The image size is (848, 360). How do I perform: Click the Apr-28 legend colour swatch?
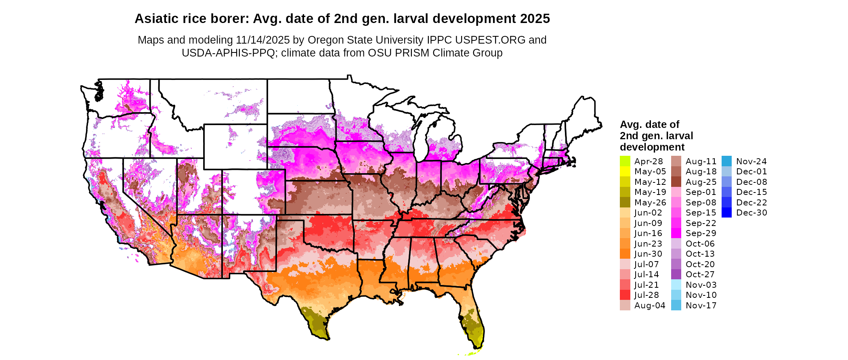625,161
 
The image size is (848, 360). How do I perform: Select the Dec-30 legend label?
751,213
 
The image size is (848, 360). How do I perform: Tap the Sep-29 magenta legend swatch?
676,233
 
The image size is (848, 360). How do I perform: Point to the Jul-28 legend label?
646,295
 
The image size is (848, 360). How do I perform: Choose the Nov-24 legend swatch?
726,161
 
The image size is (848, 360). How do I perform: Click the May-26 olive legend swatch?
625,202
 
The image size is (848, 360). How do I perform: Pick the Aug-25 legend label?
701,182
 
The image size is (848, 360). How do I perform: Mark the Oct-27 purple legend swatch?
676,274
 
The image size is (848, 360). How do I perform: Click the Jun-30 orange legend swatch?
625,254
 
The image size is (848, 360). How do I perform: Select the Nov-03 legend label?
701,285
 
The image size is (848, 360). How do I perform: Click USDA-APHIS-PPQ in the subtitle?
228,53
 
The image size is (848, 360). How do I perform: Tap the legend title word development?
652,147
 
